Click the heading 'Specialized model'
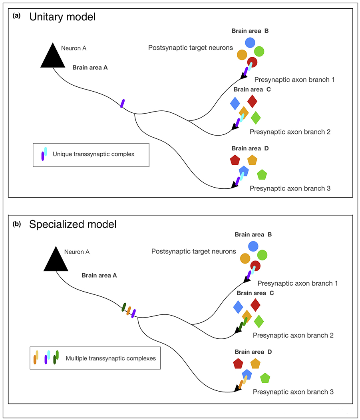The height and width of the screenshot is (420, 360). [x=73, y=224]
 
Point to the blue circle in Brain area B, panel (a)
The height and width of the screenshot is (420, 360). [x=250, y=42]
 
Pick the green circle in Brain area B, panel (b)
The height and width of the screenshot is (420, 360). [x=262, y=255]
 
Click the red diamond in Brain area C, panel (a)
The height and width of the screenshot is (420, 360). [x=252, y=101]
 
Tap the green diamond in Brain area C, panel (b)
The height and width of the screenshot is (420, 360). [x=259, y=321]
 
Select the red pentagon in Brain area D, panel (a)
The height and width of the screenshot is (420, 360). [x=235, y=160]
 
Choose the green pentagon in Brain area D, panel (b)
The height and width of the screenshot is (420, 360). [x=265, y=378]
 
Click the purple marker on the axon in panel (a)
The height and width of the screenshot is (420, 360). [x=123, y=103]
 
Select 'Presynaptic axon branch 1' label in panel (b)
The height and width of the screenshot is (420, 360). [x=298, y=283]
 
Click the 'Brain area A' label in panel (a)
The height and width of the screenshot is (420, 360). [x=90, y=68]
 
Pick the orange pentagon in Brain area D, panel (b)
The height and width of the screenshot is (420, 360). [x=255, y=364]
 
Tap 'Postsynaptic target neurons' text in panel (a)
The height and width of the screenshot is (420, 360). [x=190, y=48]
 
